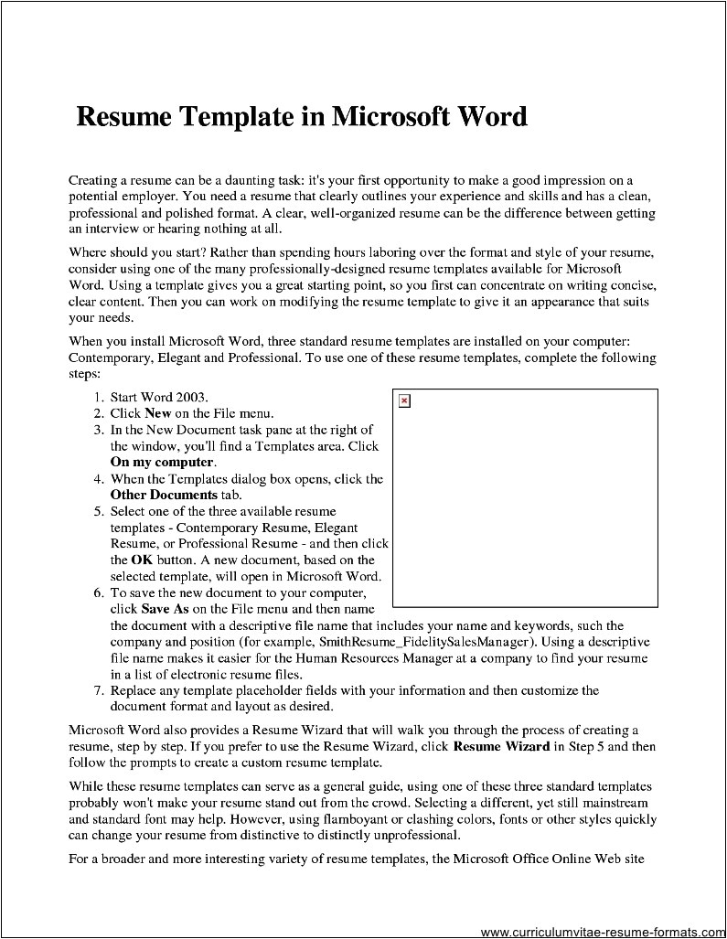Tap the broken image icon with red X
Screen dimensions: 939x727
pos(405,401)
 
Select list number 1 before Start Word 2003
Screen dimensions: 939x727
pos(97,398)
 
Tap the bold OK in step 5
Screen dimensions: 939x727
pos(142,560)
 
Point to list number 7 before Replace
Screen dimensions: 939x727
pos(97,690)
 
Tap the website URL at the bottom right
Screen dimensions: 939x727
pos(602,932)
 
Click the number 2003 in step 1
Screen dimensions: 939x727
pos(193,398)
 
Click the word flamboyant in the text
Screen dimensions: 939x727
pos(392,819)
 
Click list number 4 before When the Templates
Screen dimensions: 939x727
pos(97,479)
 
